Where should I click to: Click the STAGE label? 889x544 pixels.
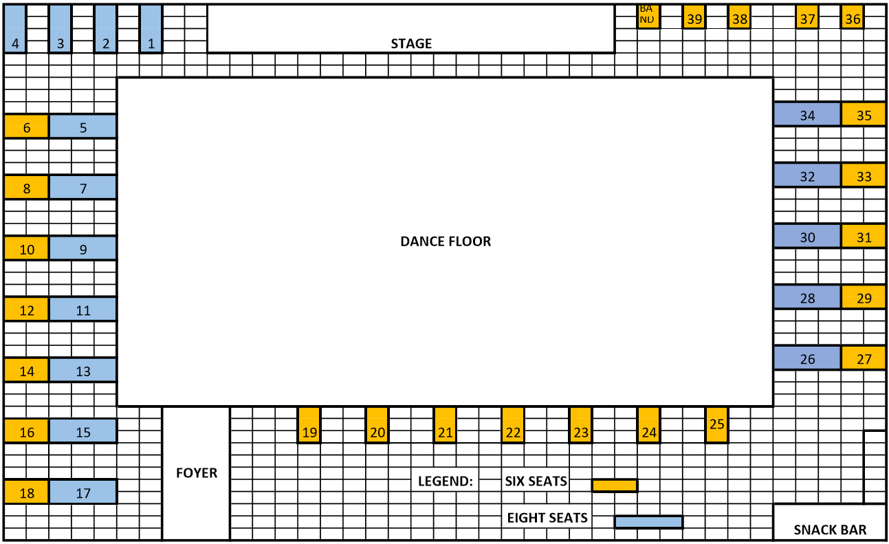411,43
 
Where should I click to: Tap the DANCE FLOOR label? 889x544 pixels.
446,241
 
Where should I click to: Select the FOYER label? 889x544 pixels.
197,473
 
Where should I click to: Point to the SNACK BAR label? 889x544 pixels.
830,530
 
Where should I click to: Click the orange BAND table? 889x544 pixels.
648,17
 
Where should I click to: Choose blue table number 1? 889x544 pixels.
151,29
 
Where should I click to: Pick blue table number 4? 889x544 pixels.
15,29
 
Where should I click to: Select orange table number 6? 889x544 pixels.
26,127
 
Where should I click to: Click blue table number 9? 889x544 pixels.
83,248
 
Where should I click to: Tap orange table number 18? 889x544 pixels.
26,492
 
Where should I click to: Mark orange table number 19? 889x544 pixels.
309,424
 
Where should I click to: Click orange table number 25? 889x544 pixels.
716,424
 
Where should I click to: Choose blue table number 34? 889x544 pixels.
807,114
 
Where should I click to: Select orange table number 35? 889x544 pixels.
864,114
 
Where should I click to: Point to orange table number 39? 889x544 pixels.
694,17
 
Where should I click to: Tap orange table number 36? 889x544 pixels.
853,17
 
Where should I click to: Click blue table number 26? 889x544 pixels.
807,358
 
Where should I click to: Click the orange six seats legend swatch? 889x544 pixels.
615,486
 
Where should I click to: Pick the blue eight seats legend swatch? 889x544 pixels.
649,522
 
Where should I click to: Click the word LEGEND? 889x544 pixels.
446,481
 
